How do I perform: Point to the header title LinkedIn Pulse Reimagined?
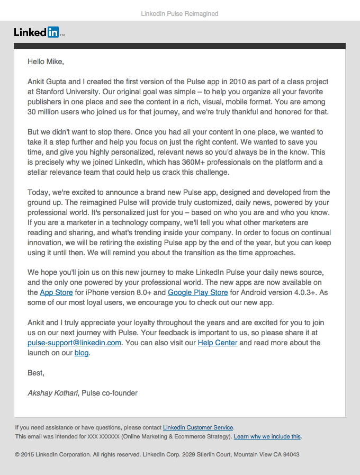coord(179,13)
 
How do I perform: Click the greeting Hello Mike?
coord(46,61)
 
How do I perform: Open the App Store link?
coord(57,292)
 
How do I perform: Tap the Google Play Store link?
coord(198,292)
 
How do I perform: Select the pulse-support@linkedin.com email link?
coord(75,343)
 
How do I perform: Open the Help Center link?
coord(218,343)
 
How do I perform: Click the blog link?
coord(82,353)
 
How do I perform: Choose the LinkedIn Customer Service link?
coord(198,427)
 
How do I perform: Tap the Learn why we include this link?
coord(267,436)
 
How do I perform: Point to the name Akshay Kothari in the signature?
coord(52,393)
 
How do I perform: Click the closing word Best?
coord(36,373)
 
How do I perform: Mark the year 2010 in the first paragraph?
coord(239,82)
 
